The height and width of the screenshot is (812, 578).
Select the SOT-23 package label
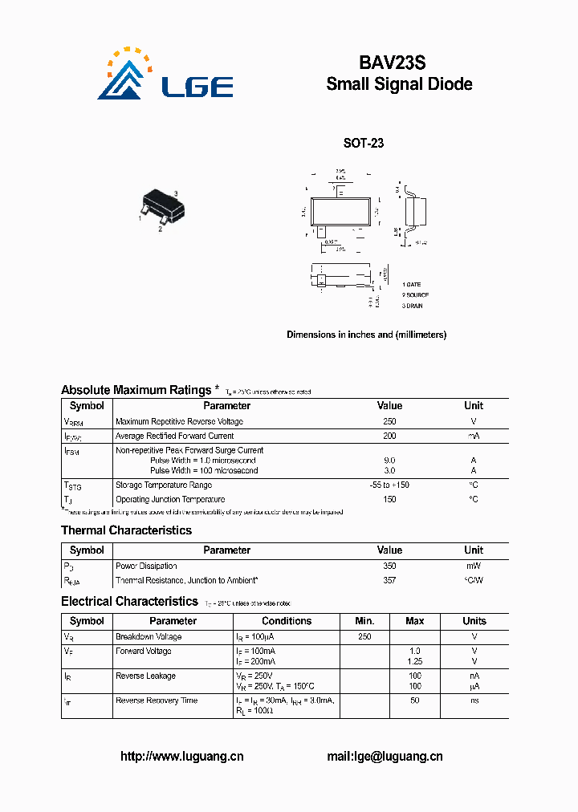click(364, 144)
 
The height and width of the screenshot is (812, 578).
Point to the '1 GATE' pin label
click(412, 285)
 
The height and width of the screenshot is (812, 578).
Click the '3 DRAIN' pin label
click(413, 306)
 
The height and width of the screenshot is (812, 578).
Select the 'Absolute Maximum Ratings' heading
click(136, 390)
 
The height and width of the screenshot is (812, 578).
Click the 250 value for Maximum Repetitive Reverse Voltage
click(389, 421)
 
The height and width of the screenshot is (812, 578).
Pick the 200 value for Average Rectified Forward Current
click(389, 436)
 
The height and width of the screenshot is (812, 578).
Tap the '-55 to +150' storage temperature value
click(389, 485)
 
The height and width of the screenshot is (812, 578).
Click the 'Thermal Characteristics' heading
click(126, 530)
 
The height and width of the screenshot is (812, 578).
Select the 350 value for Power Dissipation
click(389, 566)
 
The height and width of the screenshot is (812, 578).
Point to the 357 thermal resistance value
click(389, 580)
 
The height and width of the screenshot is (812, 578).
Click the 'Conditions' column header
click(287, 621)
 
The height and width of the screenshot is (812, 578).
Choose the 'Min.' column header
click(365, 621)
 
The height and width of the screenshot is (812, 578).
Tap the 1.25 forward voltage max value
click(414, 661)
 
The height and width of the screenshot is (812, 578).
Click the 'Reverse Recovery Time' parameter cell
click(157, 700)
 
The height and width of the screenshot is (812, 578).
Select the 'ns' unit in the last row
click(474, 700)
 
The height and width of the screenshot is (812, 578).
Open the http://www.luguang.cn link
click(181, 756)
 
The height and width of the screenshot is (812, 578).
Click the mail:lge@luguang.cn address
click(385, 756)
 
